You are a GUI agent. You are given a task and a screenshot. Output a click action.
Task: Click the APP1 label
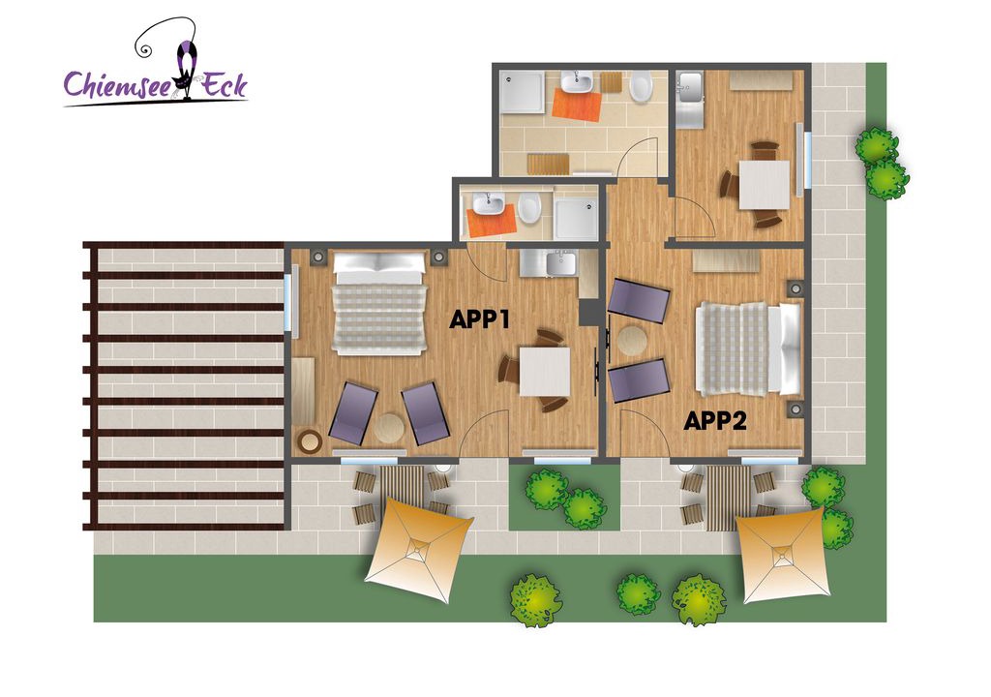(479, 319)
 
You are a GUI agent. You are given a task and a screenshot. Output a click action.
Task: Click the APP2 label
(715, 420)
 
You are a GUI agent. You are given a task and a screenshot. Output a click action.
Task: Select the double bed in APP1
(379, 304)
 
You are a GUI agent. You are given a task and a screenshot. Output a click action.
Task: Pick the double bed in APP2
(748, 349)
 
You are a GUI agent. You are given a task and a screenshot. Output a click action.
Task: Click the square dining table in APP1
(545, 372)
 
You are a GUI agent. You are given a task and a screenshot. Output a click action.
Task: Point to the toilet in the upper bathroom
(641, 87)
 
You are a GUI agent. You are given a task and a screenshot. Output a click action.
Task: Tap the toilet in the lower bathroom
(528, 209)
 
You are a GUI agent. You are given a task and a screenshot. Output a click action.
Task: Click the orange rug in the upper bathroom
(577, 106)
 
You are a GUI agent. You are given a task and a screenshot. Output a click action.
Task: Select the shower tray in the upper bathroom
(522, 92)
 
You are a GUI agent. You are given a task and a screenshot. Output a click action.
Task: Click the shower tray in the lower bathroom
(576, 219)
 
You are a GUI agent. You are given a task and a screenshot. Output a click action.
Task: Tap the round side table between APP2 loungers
(632, 341)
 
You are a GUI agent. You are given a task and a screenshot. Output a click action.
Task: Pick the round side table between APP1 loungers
(389, 428)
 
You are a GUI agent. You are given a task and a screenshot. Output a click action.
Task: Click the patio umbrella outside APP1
(418, 549)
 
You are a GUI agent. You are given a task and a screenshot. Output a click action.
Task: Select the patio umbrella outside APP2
(784, 555)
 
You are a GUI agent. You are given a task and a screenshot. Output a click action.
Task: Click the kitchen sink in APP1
(562, 263)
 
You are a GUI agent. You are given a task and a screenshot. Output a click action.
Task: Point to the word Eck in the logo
(224, 84)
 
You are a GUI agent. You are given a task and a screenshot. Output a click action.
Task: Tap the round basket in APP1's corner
(310, 440)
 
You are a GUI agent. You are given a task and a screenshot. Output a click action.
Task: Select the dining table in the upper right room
(765, 185)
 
